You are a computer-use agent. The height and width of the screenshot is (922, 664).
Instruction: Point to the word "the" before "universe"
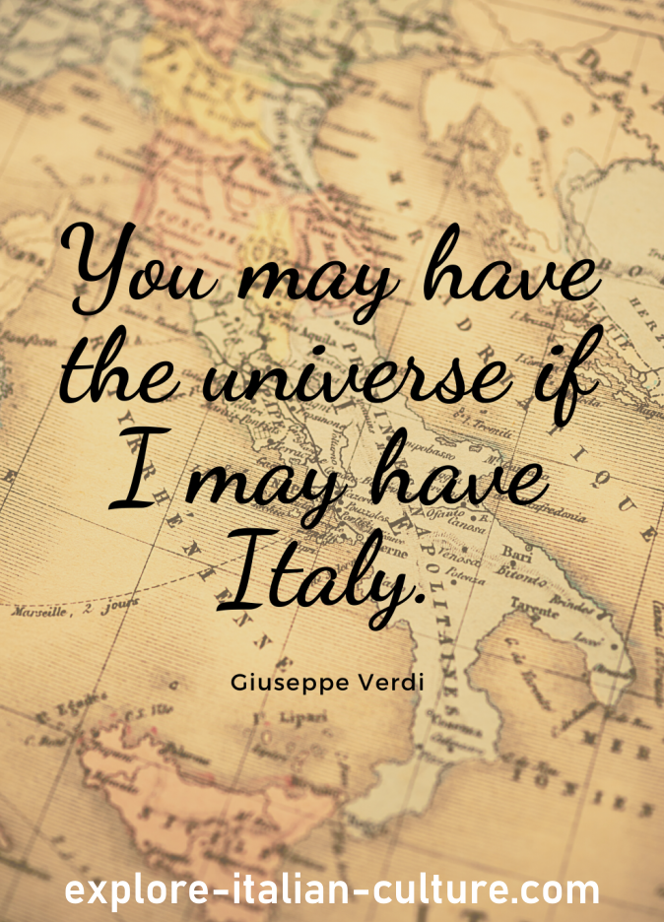coord(127,379)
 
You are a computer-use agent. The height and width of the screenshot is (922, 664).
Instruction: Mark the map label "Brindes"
coord(570,601)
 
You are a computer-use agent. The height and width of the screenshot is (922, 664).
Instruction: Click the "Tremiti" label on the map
coord(494,430)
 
